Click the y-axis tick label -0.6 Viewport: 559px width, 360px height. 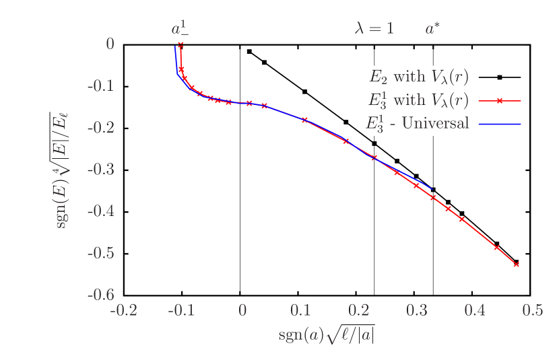coord(100,294)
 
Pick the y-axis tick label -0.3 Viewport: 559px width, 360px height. coord(100,169)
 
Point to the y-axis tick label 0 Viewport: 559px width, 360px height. coord(110,44)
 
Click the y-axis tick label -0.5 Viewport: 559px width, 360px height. coord(100,253)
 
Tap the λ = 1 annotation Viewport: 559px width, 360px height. coord(374,29)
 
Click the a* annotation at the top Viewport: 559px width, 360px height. coord(432,29)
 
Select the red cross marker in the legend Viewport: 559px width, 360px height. coord(500,100)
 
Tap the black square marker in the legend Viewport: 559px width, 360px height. coord(500,77)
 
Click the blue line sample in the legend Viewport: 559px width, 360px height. coord(500,124)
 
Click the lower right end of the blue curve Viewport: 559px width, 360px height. coord(432,188)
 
